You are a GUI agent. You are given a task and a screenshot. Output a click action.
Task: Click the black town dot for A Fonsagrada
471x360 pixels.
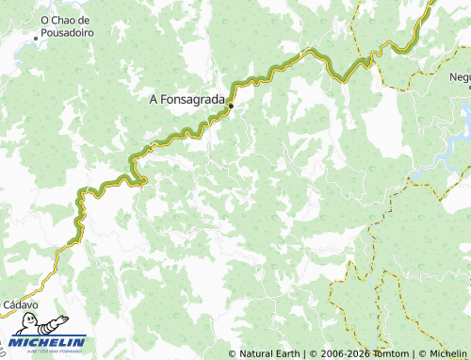231,106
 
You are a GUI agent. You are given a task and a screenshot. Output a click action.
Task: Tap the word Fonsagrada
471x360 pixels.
193,97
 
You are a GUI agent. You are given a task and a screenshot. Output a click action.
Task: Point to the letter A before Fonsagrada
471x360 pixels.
154,97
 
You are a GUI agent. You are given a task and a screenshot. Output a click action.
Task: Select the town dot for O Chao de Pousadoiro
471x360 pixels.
36,39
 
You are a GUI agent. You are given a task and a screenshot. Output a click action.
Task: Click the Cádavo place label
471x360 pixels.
20,305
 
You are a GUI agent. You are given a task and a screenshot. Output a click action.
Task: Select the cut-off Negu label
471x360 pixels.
460,77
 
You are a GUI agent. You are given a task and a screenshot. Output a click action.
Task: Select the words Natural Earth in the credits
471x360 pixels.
269,353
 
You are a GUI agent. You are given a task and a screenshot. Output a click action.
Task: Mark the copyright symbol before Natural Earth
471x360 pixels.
233,353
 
